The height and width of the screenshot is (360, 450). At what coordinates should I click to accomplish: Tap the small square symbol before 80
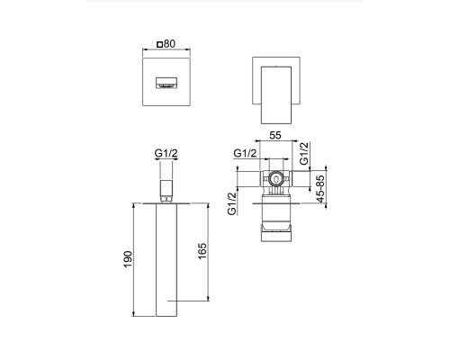click(160, 42)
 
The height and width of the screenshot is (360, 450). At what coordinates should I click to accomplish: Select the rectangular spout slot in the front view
click(168, 83)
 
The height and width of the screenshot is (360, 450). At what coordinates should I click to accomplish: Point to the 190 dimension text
click(129, 258)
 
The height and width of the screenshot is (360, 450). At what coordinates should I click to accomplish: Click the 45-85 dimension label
click(321, 189)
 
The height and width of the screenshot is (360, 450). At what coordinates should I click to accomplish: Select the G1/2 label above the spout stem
click(165, 155)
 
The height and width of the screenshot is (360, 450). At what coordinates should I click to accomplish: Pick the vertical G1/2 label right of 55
click(304, 154)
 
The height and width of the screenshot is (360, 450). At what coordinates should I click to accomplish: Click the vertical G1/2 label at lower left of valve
click(232, 203)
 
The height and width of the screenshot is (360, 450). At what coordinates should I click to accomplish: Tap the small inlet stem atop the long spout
click(165, 185)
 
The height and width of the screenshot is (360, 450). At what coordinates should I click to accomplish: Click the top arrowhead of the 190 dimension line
click(137, 203)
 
